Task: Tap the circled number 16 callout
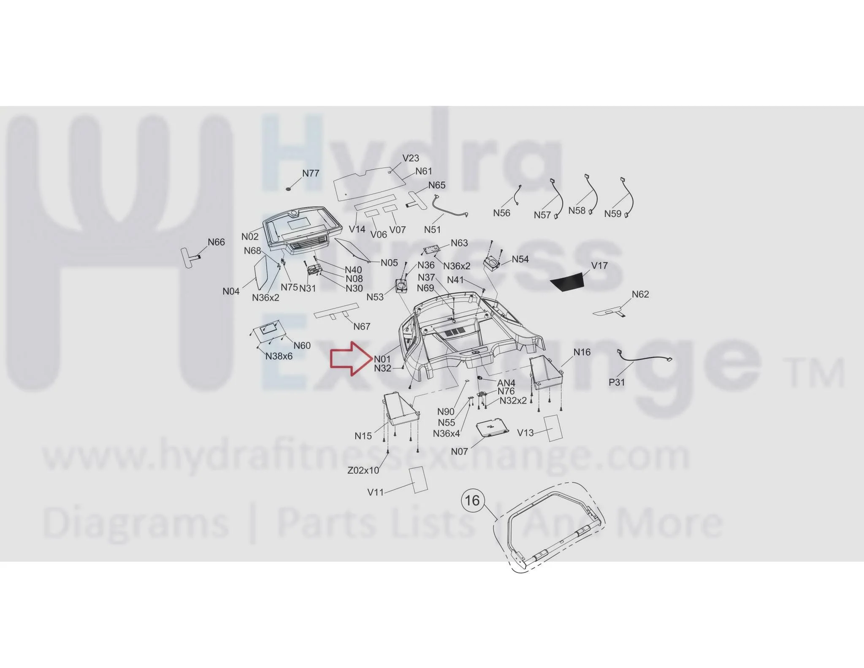point(472,500)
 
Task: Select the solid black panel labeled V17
point(567,282)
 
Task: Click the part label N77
point(311,173)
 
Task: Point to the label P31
point(617,382)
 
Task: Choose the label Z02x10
point(363,470)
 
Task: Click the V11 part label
point(375,492)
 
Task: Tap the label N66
point(216,242)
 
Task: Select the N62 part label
point(640,294)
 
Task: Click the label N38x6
point(279,356)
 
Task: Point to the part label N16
point(582,352)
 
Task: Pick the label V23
point(411,158)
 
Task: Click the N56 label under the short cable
point(502,213)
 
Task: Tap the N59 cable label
point(613,214)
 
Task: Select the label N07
point(459,451)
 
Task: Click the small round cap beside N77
point(289,189)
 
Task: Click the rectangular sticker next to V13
point(553,428)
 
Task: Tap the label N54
point(520,259)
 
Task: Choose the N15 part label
point(363,436)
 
